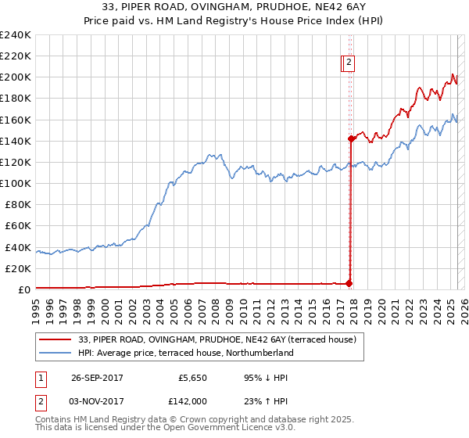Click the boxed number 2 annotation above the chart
click(x=349, y=64)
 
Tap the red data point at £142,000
click(x=351, y=138)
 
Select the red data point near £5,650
click(x=349, y=283)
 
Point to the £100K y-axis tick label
click(x=15, y=183)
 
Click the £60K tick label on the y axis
click(x=17, y=225)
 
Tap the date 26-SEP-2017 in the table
click(x=97, y=378)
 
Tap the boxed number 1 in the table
click(x=40, y=378)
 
